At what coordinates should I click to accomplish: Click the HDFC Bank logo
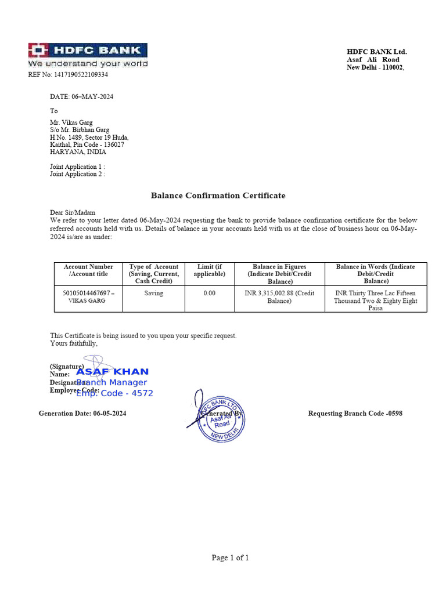click(x=88, y=55)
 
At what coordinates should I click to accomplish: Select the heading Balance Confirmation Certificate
click(x=218, y=195)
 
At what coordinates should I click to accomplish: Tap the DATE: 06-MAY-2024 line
click(x=81, y=97)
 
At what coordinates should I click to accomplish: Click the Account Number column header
click(x=88, y=270)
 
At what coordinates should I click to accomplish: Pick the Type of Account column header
click(x=154, y=274)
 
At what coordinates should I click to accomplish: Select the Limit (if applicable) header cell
click(x=209, y=270)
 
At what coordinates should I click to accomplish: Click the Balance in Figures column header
click(x=279, y=274)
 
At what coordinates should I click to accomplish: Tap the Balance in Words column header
click(x=376, y=274)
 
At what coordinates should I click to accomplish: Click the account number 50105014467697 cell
click(x=88, y=297)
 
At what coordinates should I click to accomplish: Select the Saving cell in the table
click(x=154, y=294)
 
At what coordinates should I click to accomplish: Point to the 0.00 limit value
click(x=209, y=294)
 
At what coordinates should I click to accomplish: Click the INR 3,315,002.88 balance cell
click(x=279, y=297)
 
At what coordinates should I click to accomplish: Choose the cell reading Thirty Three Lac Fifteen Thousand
click(x=376, y=300)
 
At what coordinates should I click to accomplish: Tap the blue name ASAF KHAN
click(x=113, y=372)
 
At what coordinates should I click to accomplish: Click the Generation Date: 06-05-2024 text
click(x=82, y=414)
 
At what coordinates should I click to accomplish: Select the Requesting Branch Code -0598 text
click(x=355, y=414)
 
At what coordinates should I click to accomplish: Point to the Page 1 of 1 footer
click(x=230, y=558)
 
